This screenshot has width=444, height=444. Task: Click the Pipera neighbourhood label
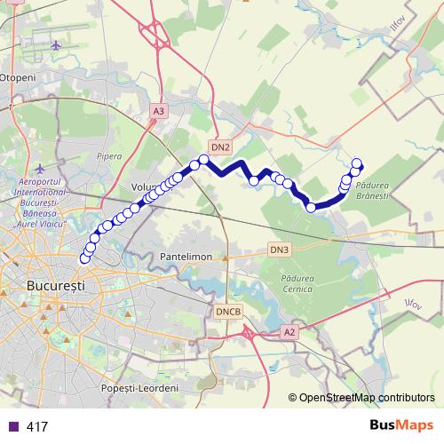coord(109,156)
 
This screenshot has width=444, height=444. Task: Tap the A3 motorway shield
coord(158,111)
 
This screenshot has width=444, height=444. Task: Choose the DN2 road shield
coord(221,147)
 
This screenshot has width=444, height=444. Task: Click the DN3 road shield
coord(280,250)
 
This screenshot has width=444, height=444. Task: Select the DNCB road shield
coord(227,312)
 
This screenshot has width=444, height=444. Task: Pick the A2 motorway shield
coord(289,331)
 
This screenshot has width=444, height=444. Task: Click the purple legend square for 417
coord(12,426)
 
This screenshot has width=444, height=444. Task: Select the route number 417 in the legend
coord(37,426)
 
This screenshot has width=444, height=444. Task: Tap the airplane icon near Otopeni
coord(58,44)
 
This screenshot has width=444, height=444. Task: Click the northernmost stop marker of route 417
coord(356,163)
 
